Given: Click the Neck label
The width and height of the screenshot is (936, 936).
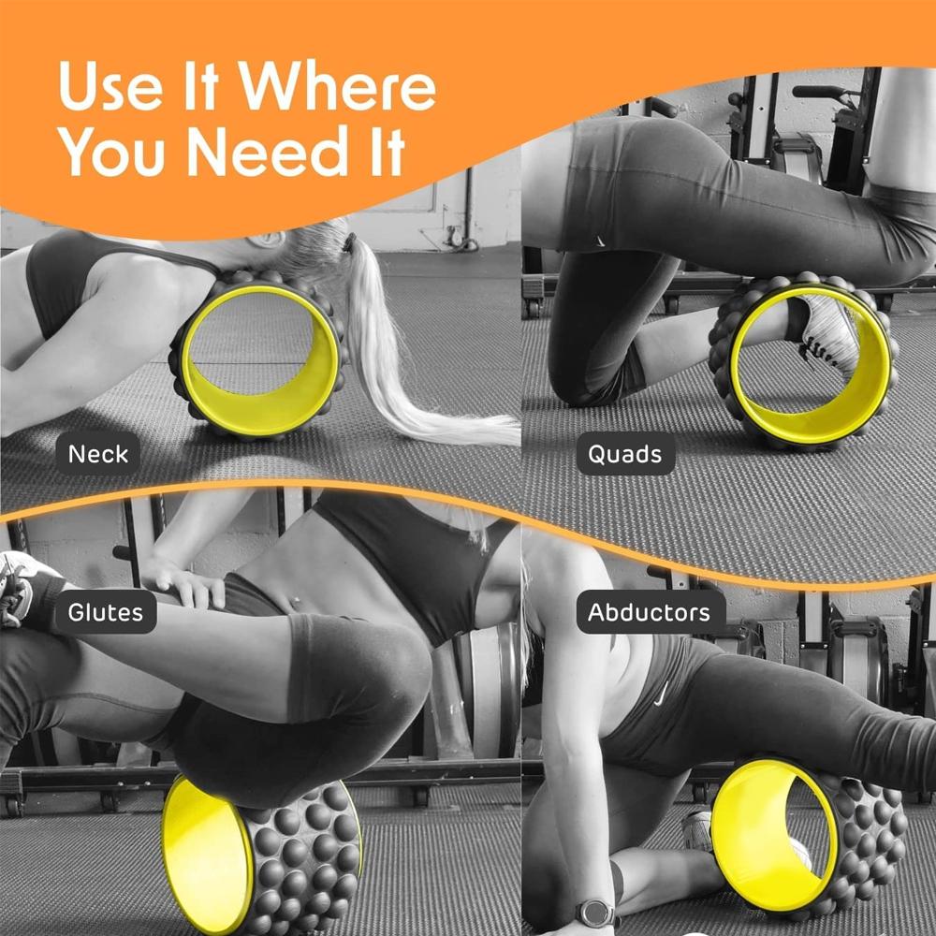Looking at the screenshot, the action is (98, 454).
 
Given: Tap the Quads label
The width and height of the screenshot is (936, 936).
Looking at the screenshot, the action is (625, 454).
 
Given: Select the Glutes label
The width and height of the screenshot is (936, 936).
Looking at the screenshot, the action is (106, 612).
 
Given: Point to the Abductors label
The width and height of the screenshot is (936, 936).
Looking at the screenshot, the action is (651, 612).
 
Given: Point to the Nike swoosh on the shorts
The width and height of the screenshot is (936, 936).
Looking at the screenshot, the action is (661, 693).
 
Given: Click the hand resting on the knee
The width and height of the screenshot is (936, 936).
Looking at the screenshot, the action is (183, 581).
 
